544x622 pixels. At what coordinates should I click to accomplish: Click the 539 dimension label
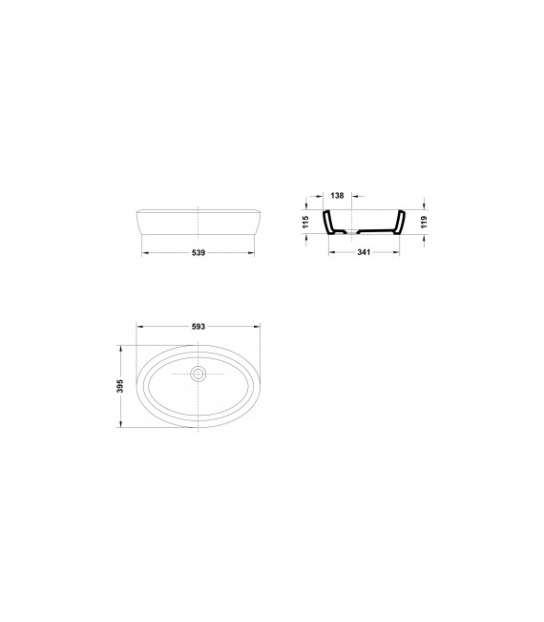pyautogui.click(x=199, y=252)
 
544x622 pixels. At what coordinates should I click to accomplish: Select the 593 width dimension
pyautogui.click(x=199, y=327)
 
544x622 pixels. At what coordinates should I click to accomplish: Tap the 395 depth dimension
pyautogui.click(x=120, y=386)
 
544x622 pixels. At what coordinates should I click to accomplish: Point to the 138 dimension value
pyautogui.click(x=337, y=196)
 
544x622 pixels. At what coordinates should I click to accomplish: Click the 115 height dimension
pyautogui.click(x=305, y=222)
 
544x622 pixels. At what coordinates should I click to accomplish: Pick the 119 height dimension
pyautogui.click(x=425, y=222)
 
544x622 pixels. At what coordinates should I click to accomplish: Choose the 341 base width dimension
pyautogui.click(x=364, y=252)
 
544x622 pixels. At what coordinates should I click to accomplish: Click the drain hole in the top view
pyautogui.click(x=199, y=374)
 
